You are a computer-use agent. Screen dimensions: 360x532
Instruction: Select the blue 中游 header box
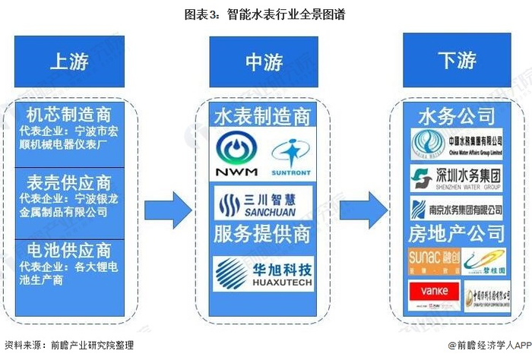point(264,61)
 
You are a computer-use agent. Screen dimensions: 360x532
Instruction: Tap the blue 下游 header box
point(458,61)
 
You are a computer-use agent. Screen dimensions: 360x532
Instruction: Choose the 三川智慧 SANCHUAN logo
point(264,203)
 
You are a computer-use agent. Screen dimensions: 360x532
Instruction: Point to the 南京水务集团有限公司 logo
point(458,207)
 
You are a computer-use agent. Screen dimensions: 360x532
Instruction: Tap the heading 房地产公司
point(458,232)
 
